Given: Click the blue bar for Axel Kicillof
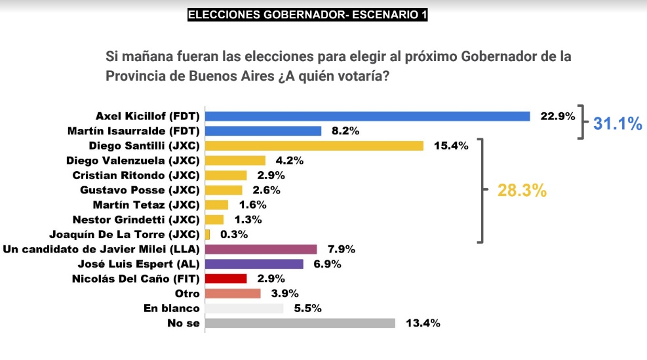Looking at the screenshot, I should [367, 116].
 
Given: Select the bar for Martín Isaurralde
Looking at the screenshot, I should [264, 130].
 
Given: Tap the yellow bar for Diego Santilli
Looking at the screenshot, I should [314, 146].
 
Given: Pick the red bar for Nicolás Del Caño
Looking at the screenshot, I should [226, 279].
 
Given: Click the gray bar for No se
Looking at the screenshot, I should [300, 323].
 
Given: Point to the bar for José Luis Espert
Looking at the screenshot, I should [254, 264].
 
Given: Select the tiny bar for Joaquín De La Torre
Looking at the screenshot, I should [208, 234].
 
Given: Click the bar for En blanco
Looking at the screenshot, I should [245, 308].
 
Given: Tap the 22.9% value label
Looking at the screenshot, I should [557, 116].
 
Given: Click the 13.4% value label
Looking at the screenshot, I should [423, 323].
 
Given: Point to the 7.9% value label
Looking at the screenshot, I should [342, 249].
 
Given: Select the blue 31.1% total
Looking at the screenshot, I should [617, 123].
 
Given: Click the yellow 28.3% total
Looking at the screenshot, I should [522, 191].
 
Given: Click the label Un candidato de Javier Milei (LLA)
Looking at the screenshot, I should [102, 249].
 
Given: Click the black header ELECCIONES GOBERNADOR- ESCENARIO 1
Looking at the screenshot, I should [307, 14].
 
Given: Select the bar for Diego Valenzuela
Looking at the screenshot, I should [235, 160].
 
